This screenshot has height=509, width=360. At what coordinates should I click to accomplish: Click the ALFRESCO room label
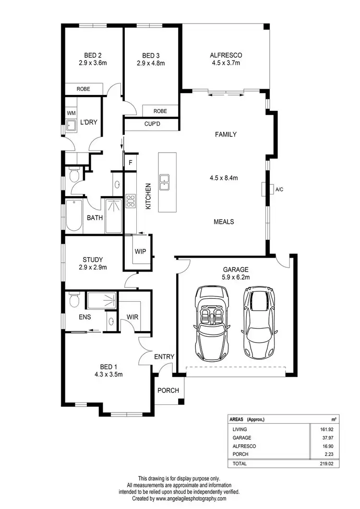[x=225, y=55]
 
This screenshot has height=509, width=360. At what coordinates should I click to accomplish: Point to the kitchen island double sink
[x=165, y=181]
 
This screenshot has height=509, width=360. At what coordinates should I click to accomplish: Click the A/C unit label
[x=280, y=189]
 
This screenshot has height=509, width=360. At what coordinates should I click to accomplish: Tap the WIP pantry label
[x=140, y=251]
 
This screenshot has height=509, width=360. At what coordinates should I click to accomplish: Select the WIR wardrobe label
[x=132, y=317]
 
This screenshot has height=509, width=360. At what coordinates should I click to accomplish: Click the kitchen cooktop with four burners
[x=131, y=200]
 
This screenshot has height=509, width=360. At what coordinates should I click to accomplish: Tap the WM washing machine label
[x=71, y=113]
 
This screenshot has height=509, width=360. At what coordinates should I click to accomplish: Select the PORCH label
[x=168, y=391]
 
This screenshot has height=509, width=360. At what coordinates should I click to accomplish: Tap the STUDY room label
[x=93, y=260]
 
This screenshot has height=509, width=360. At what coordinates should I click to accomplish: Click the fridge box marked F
[x=130, y=163]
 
